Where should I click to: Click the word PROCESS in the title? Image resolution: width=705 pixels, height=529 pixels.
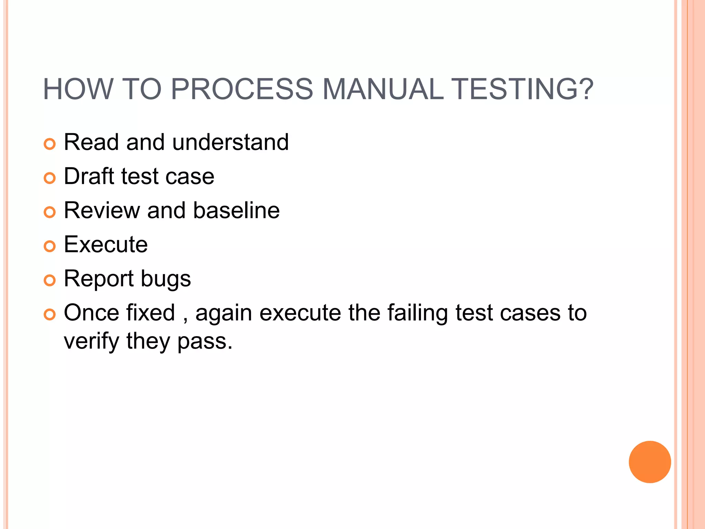tap(242, 89)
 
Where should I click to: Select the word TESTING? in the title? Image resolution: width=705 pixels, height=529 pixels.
tap(522, 89)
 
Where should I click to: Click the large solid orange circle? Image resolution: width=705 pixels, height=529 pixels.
tap(650, 462)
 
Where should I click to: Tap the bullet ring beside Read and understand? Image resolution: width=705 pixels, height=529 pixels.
tap(50, 144)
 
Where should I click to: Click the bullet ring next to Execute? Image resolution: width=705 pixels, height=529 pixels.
tap(50, 246)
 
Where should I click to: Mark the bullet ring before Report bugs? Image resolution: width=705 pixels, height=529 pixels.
tap(50, 280)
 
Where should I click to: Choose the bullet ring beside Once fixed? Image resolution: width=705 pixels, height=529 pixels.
tap(50, 314)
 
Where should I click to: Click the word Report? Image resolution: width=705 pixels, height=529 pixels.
tap(98, 279)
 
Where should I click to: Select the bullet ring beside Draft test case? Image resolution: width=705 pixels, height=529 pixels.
tap(50, 178)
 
